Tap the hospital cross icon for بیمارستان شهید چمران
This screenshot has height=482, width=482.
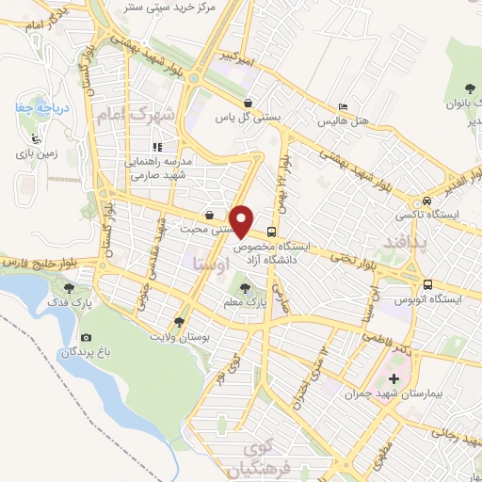tap(394, 379)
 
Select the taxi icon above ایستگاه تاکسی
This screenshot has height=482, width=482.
tap(427, 201)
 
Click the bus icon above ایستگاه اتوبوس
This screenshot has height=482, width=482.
tap(427, 284)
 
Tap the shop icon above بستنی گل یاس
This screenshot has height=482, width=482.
tap(247, 104)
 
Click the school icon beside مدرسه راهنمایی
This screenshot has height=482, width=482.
tap(158, 146)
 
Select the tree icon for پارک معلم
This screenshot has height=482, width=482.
tap(247, 288)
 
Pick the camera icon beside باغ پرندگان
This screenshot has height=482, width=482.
tap(87, 338)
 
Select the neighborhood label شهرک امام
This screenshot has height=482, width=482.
tap(137, 116)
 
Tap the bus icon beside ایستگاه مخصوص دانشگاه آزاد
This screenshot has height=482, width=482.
tap(272, 232)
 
